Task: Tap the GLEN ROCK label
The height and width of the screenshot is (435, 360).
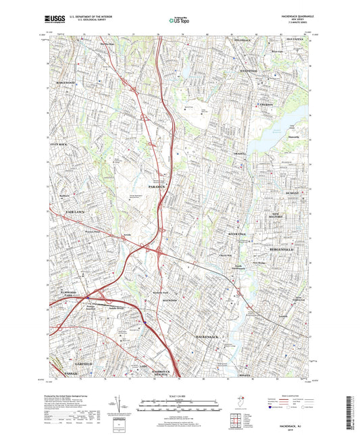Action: click(x=59, y=145)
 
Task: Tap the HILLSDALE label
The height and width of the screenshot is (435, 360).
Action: click(x=242, y=40)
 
